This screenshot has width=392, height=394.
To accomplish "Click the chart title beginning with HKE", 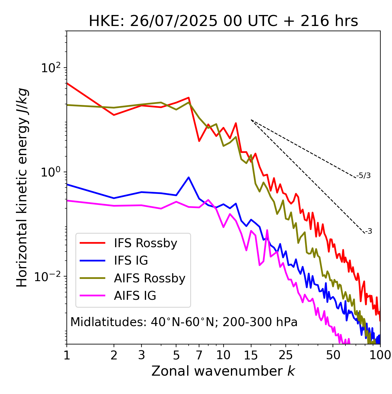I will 223,21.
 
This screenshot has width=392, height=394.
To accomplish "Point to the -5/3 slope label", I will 364,176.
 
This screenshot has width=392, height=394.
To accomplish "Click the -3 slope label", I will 368,232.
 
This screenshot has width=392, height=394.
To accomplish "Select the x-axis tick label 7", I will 199,355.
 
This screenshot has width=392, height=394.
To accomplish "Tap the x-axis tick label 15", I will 251,355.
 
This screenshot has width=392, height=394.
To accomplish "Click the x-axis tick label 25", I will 286,355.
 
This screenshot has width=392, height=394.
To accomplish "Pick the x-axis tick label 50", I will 333,355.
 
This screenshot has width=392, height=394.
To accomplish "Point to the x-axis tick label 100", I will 380,355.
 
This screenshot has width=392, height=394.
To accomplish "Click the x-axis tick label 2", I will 114,355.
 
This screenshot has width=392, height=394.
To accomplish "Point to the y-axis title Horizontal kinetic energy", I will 22,188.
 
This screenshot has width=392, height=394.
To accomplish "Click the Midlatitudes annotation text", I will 184,322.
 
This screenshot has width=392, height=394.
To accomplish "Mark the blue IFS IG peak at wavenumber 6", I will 189,177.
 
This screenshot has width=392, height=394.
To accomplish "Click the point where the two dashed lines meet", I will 251,120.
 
